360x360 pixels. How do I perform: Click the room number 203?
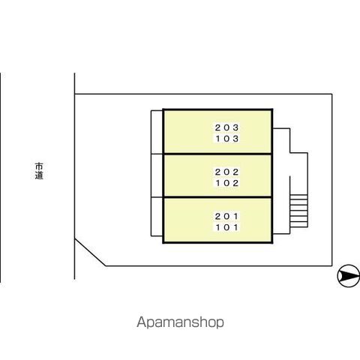click(x=227, y=127)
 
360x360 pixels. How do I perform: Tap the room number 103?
click(x=227, y=139)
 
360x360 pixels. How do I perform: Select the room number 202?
click(x=227, y=172)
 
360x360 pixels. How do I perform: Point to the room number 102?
click(x=227, y=183)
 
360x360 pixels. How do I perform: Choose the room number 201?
click(x=227, y=216)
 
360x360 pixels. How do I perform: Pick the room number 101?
click(x=227, y=227)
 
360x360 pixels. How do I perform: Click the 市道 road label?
click(x=39, y=171)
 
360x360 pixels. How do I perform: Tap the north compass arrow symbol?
click(x=349, y=276)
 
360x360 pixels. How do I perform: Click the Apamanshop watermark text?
click(x=180, y=322)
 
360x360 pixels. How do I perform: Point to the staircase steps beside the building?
click(x=298, y=211)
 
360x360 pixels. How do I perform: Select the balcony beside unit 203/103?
click(x=157, y=132)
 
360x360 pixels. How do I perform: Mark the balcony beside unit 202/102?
click(x=157, y=175)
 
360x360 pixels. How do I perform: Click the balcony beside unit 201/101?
click(x=157, y=217)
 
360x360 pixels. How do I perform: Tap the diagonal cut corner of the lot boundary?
click(x=90, y=252)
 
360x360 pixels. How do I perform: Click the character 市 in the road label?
click(x=39, y=166)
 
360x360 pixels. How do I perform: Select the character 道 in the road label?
click(x=39, y=175)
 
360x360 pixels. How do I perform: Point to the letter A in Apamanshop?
click(x=141, y=322)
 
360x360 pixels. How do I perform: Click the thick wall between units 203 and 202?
click(x=217, y=154)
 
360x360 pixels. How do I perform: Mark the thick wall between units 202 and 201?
click(x=217, y=197)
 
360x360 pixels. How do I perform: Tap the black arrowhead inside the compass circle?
click(x=350, y=276)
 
